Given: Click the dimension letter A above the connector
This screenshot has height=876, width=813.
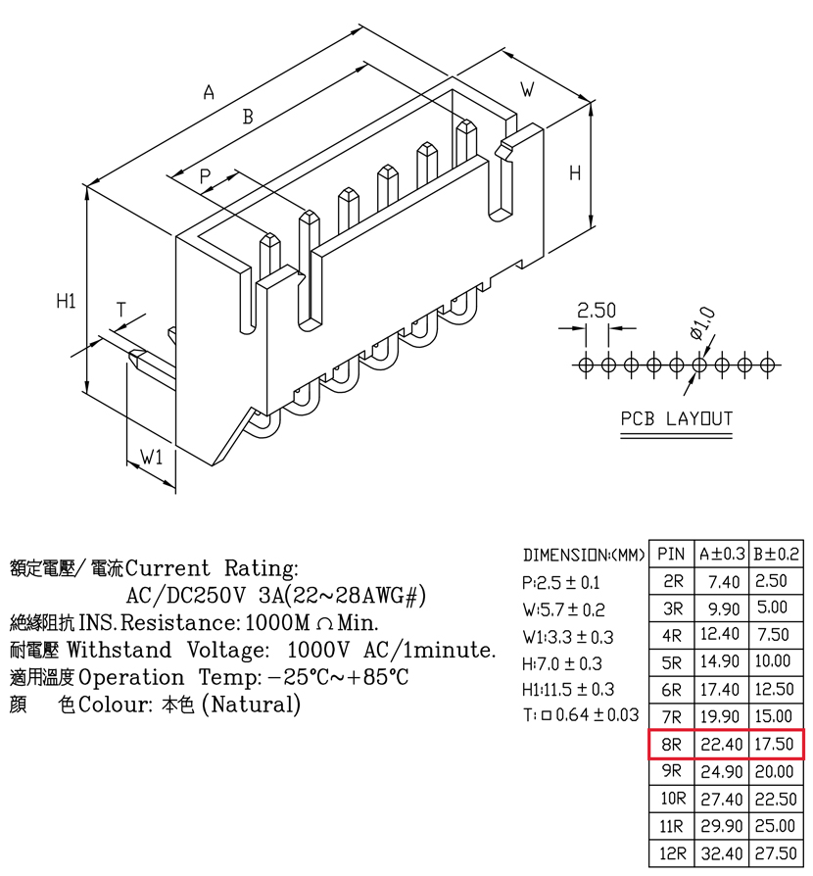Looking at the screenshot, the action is pyautogui.click(x=209, y=92).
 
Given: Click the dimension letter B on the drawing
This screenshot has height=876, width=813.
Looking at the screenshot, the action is pyautogui.click(x=248, y=117).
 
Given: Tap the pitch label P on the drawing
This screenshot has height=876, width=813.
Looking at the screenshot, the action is pyautogui.click(x=206, y=176).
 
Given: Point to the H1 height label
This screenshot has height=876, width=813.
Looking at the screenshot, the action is pyautogui.click(x=66, y=301).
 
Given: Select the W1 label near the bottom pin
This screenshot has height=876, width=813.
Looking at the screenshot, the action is pyautogui.click(x=151, y=457).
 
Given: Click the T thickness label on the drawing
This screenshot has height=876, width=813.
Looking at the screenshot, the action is pyautogui.click(x=121, y=310).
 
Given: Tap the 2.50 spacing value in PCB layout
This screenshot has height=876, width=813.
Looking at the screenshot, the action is pyautogui.click(x=597, y=310).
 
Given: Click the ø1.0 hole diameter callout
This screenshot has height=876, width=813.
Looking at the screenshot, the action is pyautogui.click(x=702, y=323).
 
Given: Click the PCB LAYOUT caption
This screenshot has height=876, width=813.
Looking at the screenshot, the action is pyautogui.click(x=677, y=418).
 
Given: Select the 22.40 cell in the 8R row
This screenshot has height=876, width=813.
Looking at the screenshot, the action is pyautogui.click(x=722, y=744).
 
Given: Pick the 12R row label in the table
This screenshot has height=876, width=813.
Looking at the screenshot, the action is pyautogui.click(x=672, y=853).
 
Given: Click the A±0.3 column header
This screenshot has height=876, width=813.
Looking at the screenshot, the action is pyautogui.click(x=722, y=554).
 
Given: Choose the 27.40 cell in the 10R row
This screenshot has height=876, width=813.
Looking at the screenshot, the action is pyautogui.click(x=722, y=799).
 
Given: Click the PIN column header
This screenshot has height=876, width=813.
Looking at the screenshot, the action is pyautogui.click(x=671, y=554).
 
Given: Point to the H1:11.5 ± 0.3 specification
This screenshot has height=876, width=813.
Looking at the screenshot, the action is pyautogui.click(x=568, y=690).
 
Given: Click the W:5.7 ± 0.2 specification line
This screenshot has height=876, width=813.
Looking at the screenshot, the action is pyautogui.click(x=563, y=608).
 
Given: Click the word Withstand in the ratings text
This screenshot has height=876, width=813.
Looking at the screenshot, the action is pyautogui.click(x=119, y=650).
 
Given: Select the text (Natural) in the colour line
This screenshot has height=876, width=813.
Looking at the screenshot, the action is pyautogui.click(x=252, y=704).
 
